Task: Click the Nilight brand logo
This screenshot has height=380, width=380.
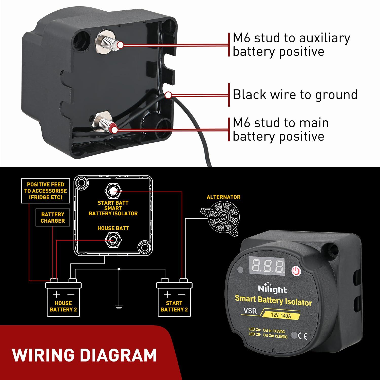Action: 272,289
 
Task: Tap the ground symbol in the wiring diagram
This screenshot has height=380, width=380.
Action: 119,307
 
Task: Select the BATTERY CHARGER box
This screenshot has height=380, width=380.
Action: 53,218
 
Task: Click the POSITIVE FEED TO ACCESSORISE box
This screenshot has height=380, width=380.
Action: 46,191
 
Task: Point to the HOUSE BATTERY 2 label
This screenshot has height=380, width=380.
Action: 63,306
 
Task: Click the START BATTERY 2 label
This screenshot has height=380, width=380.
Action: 174,306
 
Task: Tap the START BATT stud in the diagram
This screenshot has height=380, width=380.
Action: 113,191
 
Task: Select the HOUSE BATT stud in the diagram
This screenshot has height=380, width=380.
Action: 113,240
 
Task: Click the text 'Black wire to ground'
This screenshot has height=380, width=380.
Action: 295,95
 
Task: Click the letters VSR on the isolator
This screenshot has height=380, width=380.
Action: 250,311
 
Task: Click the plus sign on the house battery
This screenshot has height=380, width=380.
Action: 56,294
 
